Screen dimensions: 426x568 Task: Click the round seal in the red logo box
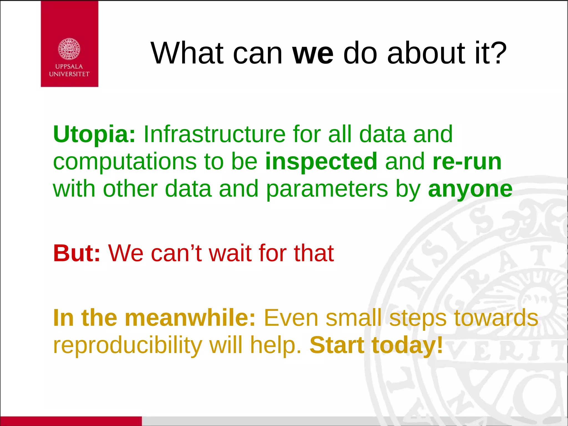[69, 49]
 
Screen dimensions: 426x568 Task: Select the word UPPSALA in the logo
[69, 67]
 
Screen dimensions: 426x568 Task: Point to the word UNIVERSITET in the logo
[69, 74]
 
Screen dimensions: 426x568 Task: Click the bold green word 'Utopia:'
[94, 135]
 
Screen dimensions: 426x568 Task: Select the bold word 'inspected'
[321, 162]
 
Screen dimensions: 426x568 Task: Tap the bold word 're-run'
[467, 162]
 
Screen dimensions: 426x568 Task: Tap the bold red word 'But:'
[77, 253]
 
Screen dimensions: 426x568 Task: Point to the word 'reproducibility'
[128, 346]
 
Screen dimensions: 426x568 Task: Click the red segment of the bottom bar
[71, 421]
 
